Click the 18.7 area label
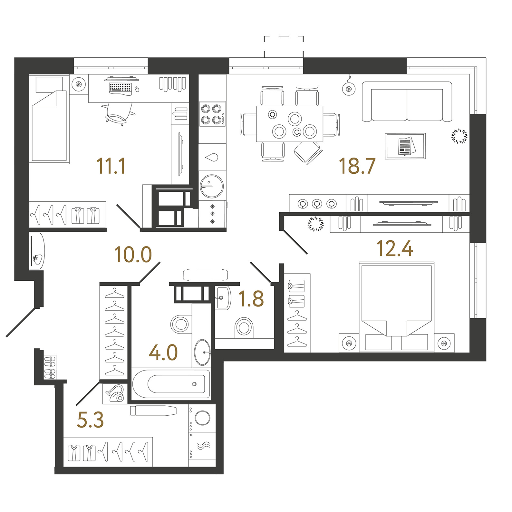click(x=357, y=166)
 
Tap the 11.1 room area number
click(x=111, y=166)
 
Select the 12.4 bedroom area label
click(x=395, y=249)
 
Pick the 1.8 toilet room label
click(x=251, y=298)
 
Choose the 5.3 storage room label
click(x=91, y=420)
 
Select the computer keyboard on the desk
click(x=121, y=87)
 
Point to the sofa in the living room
click(x=407, y=101)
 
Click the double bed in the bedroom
click(x=397, y=307)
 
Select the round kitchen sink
click(x=211, y=186)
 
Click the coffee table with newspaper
click(x=405, y=146)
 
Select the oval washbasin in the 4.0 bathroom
click(x=203, y=352)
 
